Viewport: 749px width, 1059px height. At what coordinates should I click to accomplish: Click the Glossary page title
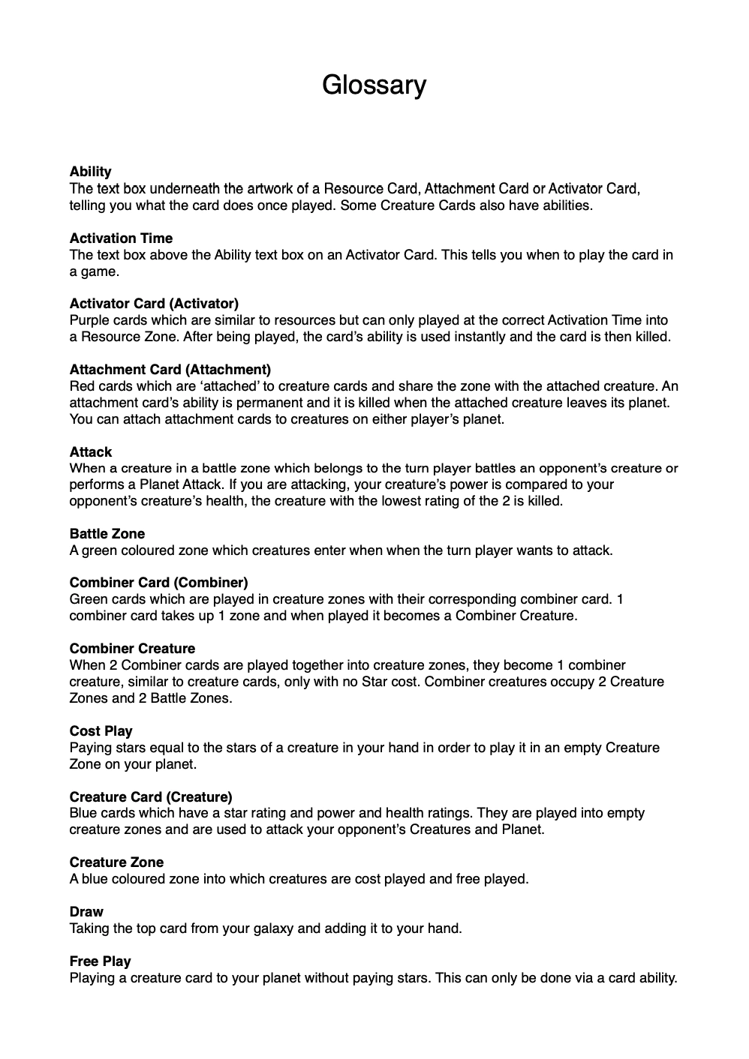(x=374, y=85)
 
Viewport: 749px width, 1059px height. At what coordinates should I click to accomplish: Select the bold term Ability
(x=90, y=172)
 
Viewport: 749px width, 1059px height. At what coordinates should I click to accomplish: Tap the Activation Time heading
(x=121, y=238)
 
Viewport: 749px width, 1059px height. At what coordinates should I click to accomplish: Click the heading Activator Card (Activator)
(x=154, y=304)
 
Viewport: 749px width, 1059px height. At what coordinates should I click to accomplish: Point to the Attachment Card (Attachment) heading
(x=170, y=370)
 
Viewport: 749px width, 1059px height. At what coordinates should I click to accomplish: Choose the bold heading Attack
(x=90, y=452)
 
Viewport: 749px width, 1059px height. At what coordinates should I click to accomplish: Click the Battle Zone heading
(x=107, y=534)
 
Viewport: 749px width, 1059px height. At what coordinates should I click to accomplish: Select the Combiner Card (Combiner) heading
(x=158, y=583)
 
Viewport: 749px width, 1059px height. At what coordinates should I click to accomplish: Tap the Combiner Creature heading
(x=132, y=649)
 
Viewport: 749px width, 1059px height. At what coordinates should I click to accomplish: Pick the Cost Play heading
(x=101, y=731)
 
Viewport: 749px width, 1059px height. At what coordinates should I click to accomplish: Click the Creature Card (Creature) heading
(x=151, y=797)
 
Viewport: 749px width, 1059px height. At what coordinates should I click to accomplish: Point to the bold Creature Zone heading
(x=116, y=862)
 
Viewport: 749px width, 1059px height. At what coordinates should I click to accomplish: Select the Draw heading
(x=86, y=912)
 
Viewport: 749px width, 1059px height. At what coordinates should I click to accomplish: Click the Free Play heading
(x=100, y=961)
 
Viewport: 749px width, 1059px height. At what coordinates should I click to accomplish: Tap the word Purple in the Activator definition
(x=89, y=320)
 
